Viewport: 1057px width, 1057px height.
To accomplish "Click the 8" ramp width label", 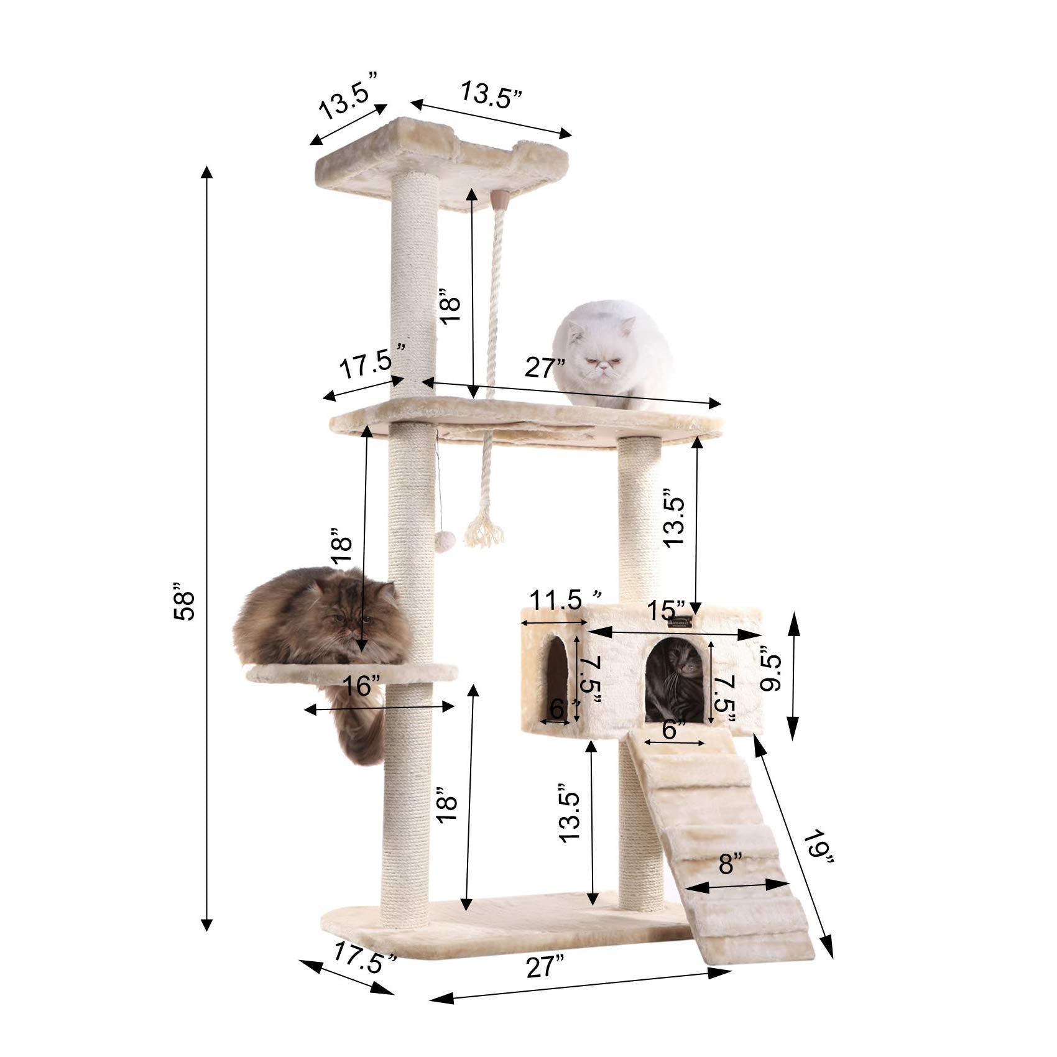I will tap(730, 863).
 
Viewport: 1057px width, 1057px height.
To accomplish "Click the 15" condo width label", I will tap(667, 609).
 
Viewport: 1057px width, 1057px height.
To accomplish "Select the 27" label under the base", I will tap(545, 967).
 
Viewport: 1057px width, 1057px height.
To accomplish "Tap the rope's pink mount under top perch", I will tap(499, 200).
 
